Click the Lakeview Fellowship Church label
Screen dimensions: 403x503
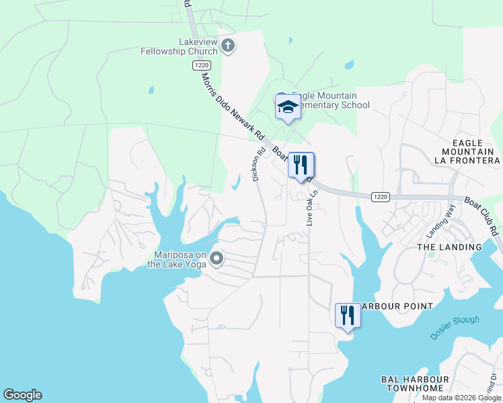pos(179,46)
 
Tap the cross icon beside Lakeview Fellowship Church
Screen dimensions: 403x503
pos(228,46)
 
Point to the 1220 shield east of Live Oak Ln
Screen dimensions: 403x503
pos(380,196)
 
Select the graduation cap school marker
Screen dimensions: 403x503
pos(288,107)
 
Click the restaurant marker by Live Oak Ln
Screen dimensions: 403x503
pos(301,165)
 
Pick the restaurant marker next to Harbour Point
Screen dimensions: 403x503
pos(348,316)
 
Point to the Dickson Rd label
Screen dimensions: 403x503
pos(256,165)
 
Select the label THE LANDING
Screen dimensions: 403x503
pos(450,247)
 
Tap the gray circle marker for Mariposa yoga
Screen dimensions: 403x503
pos(217,258)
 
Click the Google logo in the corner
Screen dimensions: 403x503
pos(22,395)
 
